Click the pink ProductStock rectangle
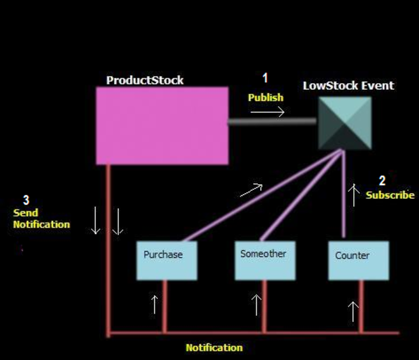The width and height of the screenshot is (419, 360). pyautogui.click(x=162, y=125)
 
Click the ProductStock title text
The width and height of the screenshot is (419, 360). pyautogui.click(x=145, y=80)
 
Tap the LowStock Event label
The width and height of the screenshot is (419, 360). pyautogui.click(x=348, y=86)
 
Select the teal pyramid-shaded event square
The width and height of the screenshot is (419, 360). pyautogui.click(x=345, y=123)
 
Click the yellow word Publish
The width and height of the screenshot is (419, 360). pyautogui.click(x=266, y=98)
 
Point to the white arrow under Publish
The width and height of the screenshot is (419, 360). pyautogui.click(x=267, y=112)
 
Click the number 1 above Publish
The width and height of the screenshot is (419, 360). pyautogui.click(x=265, y=78)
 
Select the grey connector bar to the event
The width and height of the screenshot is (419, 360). pyautogui.click(x=272, y=121)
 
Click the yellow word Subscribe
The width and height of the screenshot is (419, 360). pyautogui.click(x=390, y=195)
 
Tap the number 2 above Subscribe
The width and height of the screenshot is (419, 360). pyautogui.click(x=382, y=181)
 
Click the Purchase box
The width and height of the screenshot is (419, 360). pyautogui.click(x=167, y=260)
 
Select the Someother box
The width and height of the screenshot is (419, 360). pyautogui.click(x=265, y=260)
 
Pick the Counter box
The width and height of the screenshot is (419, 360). pyautogui.click(x=358, y=260)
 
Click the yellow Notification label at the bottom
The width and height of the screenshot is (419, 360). pyautogui.click(x=214, y=348)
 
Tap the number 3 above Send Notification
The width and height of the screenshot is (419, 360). pyautogui.click(x=26, y=200)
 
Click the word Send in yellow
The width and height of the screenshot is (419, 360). pyautogui.click(x=25, y=213)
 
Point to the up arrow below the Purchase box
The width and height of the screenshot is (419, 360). pyautogui.click(x=154, y=304)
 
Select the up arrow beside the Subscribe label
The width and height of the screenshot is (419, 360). pyautogui.click(x=353, y=195)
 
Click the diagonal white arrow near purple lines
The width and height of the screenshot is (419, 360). pyautogui.click(x=251, y=190)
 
